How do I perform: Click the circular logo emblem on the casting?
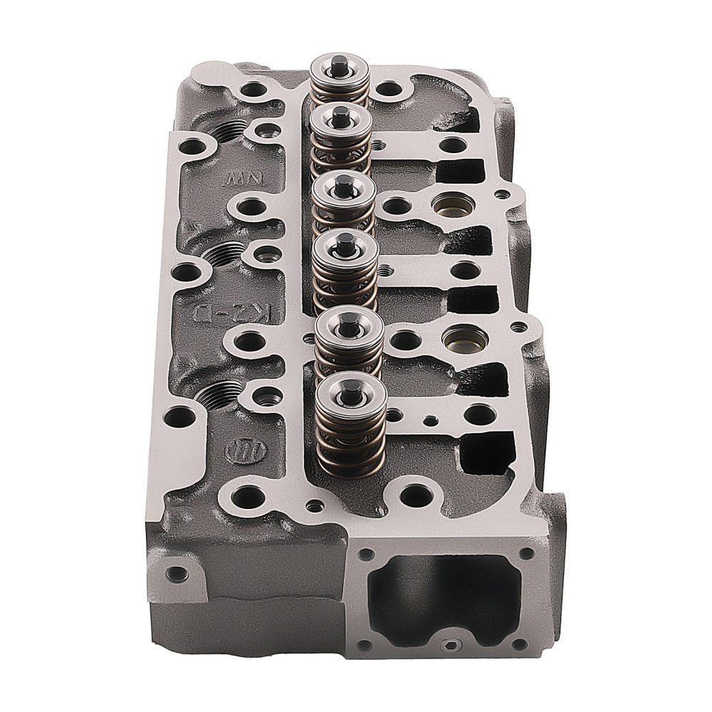click(236, 449)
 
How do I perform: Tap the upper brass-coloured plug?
click(449, 204)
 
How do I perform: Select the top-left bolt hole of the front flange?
click(366, 553)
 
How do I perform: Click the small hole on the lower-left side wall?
click(171, 572)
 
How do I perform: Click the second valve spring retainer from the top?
click(341, 117)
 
